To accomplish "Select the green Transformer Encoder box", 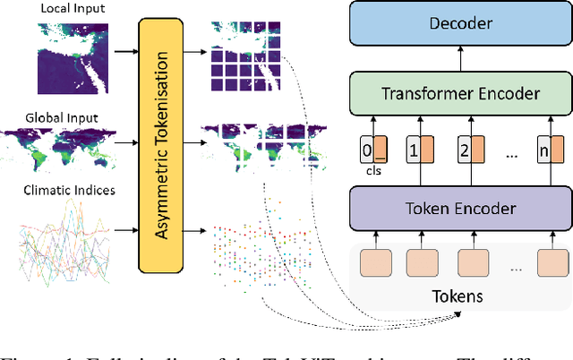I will coord(461,92).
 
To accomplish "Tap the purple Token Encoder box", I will coord(461,208).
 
